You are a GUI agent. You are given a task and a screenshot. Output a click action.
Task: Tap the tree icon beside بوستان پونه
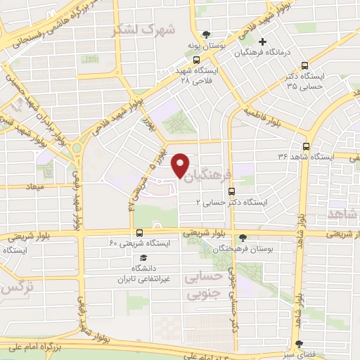click(206, 34)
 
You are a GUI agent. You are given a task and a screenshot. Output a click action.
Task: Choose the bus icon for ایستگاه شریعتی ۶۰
click(139, 233)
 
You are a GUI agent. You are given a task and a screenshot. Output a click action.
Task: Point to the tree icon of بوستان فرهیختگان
click(243, 238)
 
